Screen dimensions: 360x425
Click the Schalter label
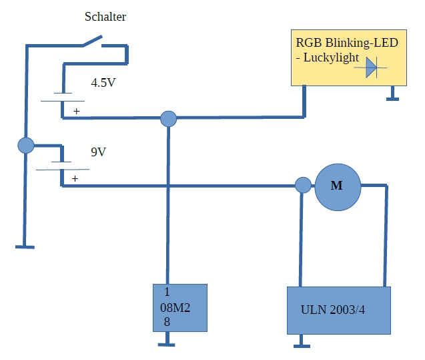[105, 17]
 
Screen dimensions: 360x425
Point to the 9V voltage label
[98, 152]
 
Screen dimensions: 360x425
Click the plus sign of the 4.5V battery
[76, 111]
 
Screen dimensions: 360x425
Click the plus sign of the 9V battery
[75, 178]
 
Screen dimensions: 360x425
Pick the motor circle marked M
[337, 186]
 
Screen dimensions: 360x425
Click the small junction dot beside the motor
[303, 185]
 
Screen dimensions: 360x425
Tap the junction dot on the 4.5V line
[169, 119]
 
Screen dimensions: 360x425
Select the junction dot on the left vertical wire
[25, 145]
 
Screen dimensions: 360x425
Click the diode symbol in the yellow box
[371, 67]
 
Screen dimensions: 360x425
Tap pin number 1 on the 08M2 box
[167, 292]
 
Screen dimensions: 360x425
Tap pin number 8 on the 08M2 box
[167, 322]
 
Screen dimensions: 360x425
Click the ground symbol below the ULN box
[302, 345]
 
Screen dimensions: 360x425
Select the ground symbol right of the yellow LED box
[391, 99]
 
